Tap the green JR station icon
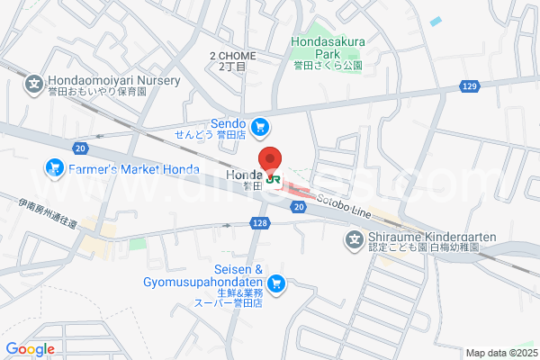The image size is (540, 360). (x=274, y=178)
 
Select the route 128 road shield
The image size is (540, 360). (x=260, y=222)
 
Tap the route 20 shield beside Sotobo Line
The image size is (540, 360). (x=298, y=207)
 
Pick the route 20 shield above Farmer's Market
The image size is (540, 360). (x=82, y=148)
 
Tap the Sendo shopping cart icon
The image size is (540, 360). (x=260, y=127)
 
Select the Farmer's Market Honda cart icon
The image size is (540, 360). (x=53, y=168)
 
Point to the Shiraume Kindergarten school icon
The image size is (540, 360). (x=355, y=239)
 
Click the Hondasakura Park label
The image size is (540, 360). (x=326, y=47)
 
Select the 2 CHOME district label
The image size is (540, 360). (x=233, y=60)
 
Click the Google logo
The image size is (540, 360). (x=30, y=349)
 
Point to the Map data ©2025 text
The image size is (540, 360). (x=499, y=353)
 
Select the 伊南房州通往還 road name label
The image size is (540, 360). (x=47, y=214)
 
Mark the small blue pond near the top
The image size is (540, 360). (x=436, y=21)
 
